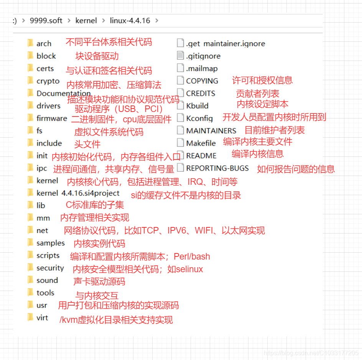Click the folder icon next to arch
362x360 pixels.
tap(30, 43)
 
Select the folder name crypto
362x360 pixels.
tap(48, 81)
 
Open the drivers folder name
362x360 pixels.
tap(48, 106)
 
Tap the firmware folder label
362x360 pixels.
tap(52, 118)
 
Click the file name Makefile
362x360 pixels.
tap(201, 143)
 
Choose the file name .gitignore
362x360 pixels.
tap(203, 56)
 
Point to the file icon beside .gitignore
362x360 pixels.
tap(180, 55)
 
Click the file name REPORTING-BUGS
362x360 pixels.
tap(217, 168)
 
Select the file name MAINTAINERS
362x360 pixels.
tap(211, 131)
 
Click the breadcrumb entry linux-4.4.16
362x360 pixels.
tap(130, 21)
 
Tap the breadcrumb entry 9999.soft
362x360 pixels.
tap(46, 21)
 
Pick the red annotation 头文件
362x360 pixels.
tap(87, 144)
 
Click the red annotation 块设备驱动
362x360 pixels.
tap(97, 56)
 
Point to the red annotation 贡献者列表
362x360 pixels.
tap(258, 94)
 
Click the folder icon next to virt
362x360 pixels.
tap(30, 317)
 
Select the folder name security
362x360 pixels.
tap(50, 268)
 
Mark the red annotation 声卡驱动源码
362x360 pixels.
tap(99, 281)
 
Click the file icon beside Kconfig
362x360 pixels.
tap(180, 118)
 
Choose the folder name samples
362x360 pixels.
tap(51, 243)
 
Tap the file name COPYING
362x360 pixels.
tap(202, 81)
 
